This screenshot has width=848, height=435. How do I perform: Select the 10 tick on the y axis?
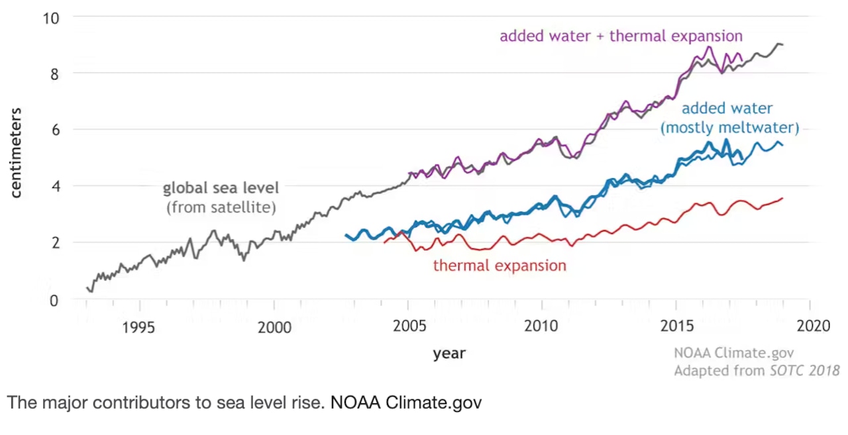pos(51,17)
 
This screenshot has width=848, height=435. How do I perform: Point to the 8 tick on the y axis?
pos(55,73)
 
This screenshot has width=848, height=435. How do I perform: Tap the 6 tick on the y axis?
pos(55,130)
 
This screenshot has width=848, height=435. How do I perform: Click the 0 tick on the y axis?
pos(55,300)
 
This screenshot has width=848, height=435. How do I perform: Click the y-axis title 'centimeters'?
pos(17,152)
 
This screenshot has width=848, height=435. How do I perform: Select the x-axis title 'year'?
pos(449,353)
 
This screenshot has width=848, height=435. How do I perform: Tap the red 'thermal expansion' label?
pos(500,266)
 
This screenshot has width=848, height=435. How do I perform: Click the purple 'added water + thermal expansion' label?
pos(621,35)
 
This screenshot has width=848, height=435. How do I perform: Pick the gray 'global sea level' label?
pos(221,188)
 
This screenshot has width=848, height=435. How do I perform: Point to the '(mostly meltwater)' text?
pos(729,127)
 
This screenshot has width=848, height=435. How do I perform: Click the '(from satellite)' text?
pos(221,207)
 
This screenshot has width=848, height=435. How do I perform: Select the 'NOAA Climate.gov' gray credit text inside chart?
pos(733,353)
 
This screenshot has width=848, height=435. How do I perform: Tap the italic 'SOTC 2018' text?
pos(804,370)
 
